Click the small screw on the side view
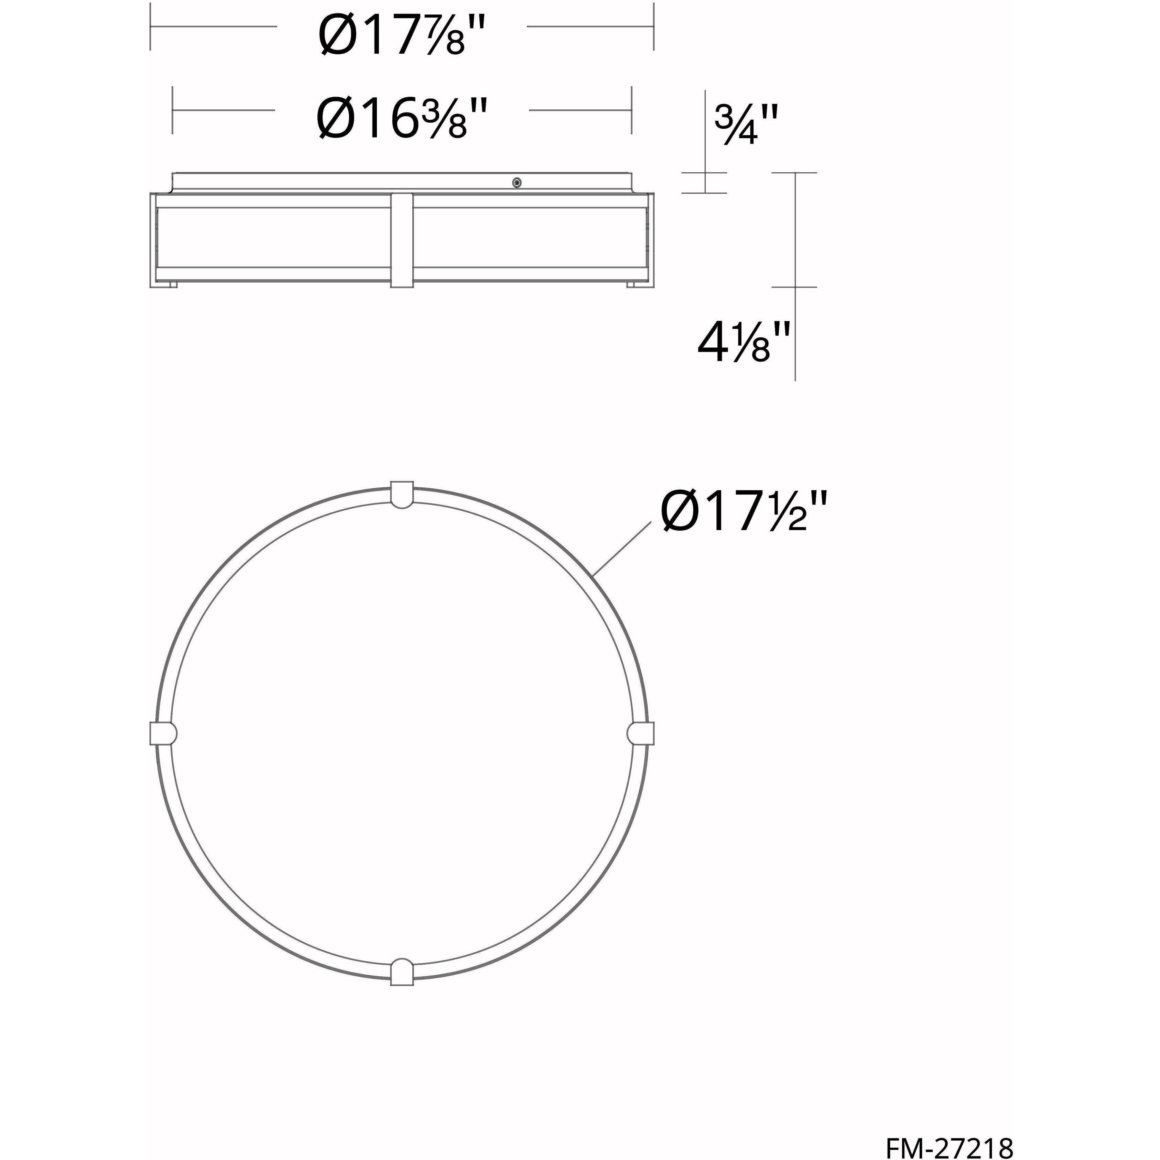(516, 183)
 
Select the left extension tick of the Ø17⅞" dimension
(150, 26)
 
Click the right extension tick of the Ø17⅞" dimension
(653, 26)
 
